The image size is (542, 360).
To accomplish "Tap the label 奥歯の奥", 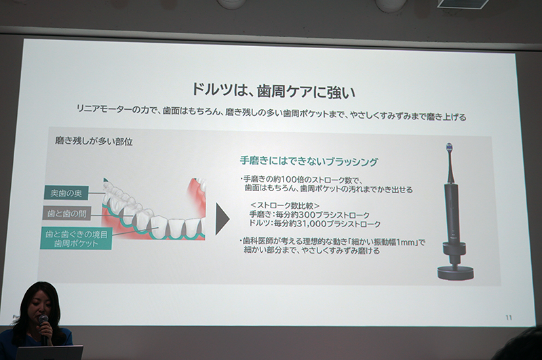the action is pyautogui.click(x=66, y=193).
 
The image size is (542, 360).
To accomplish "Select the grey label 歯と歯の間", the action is pyautogui.click(x=66, y=214).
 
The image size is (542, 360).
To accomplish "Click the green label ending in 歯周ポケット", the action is pyautogui.click(x=76, y=239).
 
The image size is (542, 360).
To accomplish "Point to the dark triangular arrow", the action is pyautogui.click(x=222, y=219).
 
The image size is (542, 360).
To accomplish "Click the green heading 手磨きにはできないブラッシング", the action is pyautogui.click(x=309, y=161).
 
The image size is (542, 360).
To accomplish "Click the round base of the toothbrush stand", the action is pyautogui.click(x=455, y=273).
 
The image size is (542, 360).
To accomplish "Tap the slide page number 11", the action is pyautogui.click(x=509, y=317).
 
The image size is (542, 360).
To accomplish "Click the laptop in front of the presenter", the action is pyautogui.click(x=49, y=353).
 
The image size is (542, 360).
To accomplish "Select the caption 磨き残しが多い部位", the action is pyautogui.click(x=94, y=141).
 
